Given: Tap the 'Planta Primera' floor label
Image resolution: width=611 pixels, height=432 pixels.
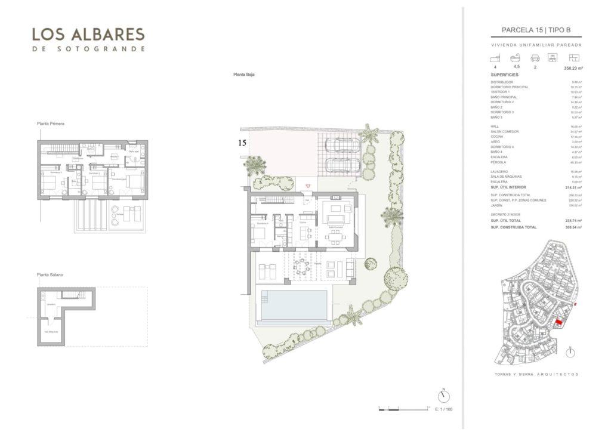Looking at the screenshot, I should coord(50,124).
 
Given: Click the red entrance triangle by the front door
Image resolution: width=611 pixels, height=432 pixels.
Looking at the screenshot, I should coord(308,186).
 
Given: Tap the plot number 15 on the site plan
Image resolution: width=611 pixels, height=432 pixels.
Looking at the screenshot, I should coord(242,143).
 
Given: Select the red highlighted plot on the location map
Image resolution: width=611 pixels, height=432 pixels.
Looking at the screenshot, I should coord(558,322).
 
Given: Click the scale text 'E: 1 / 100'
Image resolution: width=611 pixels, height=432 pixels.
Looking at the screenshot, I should coord(444,409).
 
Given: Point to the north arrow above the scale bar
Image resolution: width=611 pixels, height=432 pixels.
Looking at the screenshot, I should coord(443,396).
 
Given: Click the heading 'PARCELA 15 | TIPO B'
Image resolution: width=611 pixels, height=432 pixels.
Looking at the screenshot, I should coord(536,31).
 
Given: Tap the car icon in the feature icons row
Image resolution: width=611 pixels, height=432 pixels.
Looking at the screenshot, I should coord(535,58).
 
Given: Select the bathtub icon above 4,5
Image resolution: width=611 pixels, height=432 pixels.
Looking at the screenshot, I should coord(516,58).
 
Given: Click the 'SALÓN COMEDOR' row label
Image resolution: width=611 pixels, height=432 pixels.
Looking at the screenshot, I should coord(505,131).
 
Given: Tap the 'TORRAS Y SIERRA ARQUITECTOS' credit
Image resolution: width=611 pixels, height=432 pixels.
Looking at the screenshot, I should coord(536,374).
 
